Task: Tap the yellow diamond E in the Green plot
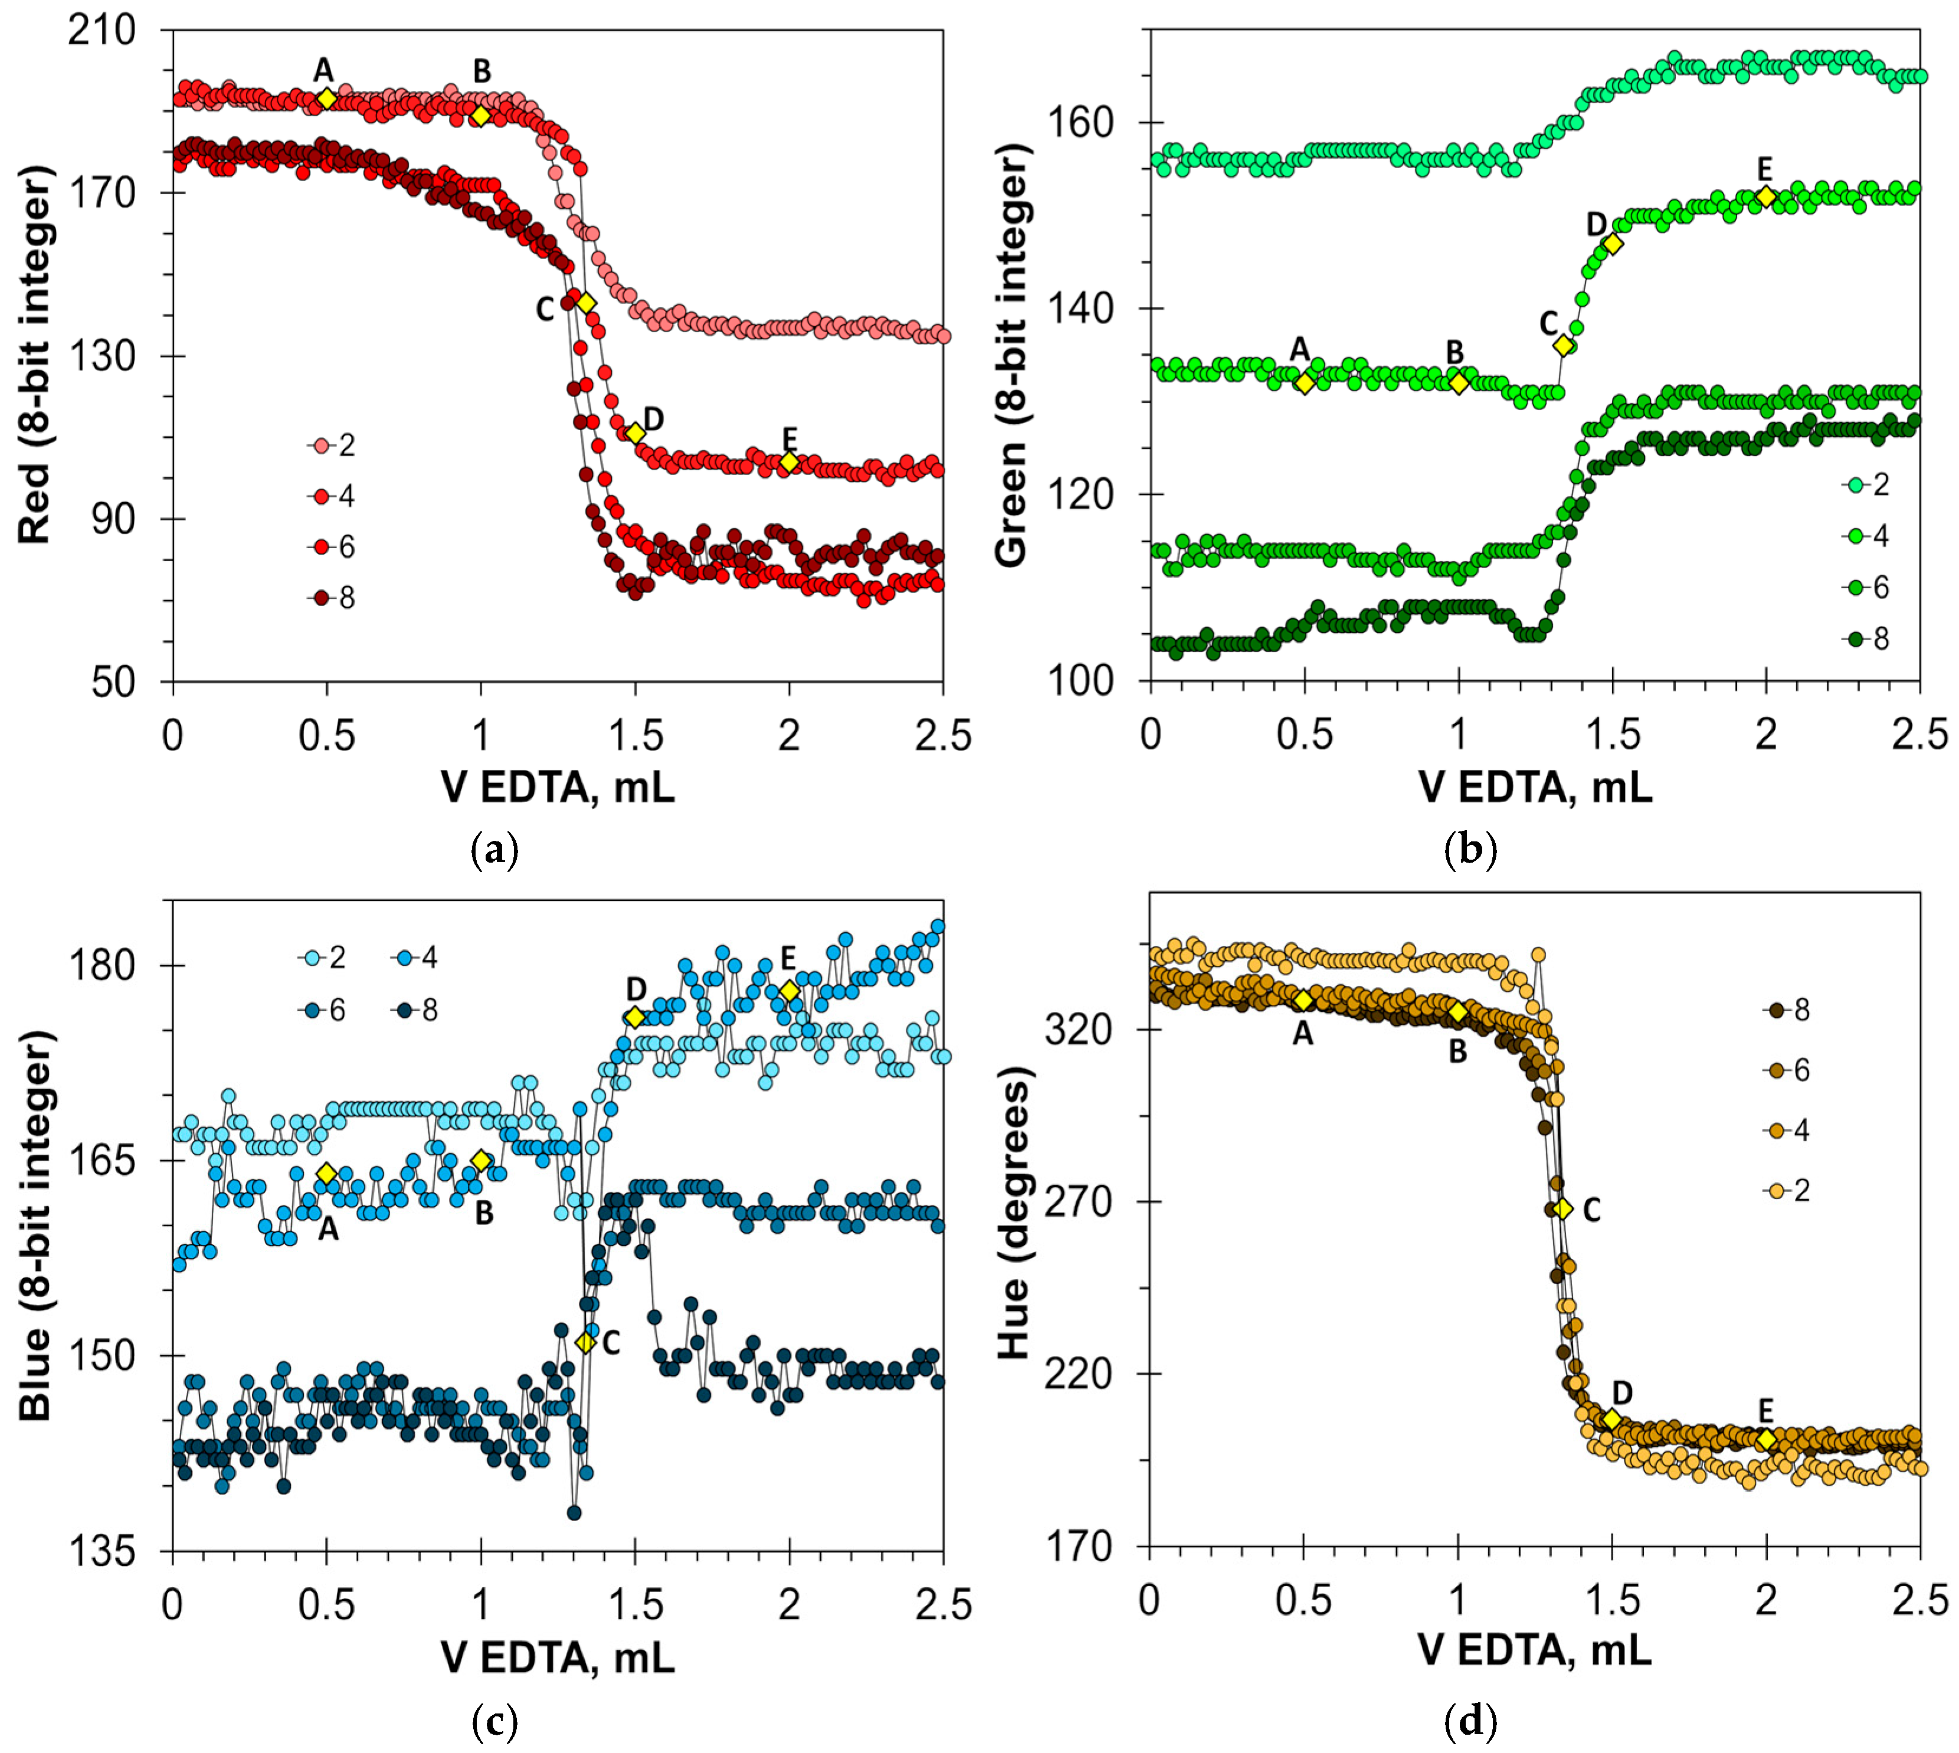pyautogui.click(x=1765, y=196)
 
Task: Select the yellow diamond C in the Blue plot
pyautogui.click(x=585, y=1342)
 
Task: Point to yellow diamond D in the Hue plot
pyautogui.click(x=1611, y=1420)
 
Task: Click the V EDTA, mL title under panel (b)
pyautogui.click(x=1534, y=788)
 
